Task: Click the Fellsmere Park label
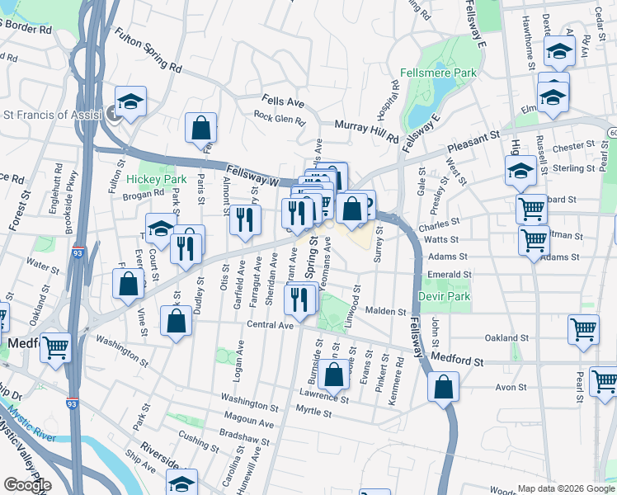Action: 438,73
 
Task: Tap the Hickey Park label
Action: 146,178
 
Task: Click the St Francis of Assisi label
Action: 51,115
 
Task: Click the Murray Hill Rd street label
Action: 367,129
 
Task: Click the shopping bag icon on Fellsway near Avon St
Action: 443,386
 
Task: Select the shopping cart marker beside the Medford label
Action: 55,347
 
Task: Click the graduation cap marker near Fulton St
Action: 130,102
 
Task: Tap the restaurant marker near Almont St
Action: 244,219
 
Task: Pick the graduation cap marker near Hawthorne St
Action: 559,53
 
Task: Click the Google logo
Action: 26,485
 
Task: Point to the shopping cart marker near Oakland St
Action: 583,328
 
